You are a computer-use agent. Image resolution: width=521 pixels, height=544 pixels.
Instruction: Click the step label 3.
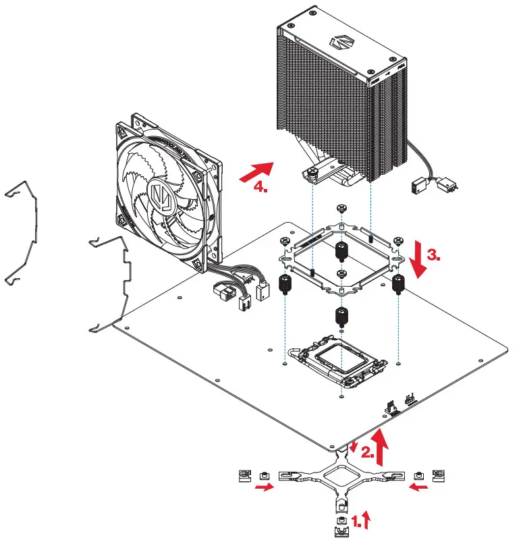point(435,255)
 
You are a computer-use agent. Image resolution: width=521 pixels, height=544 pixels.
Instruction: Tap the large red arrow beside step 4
point(257,171)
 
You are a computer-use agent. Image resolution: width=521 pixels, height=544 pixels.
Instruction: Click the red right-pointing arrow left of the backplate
point(264,488)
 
